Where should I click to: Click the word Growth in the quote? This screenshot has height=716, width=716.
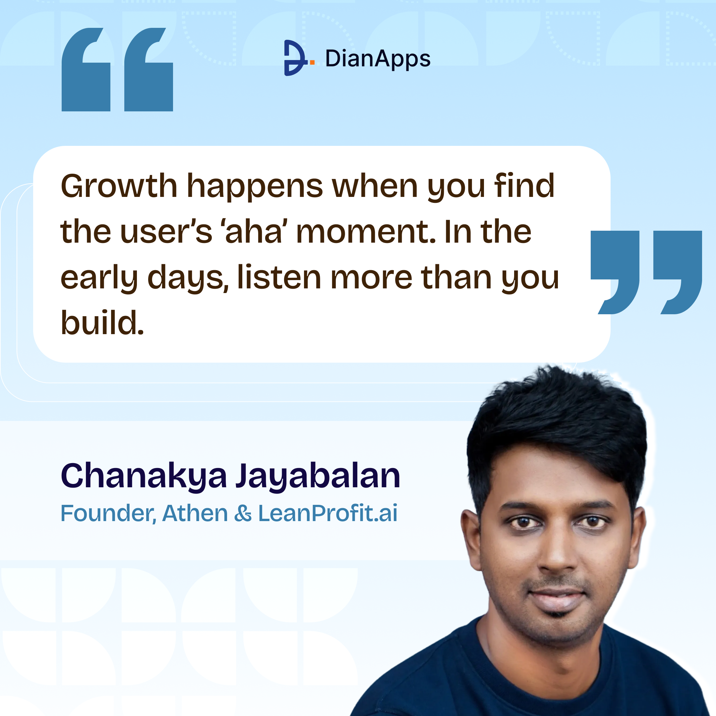tap(119, 186)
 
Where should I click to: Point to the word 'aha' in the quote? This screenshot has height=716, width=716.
tap(254, 232)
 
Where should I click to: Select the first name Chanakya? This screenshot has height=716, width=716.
tap(144, 476)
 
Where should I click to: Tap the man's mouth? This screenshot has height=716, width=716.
tap(557, 596)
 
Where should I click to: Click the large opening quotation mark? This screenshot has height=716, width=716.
tap(117, 70)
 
